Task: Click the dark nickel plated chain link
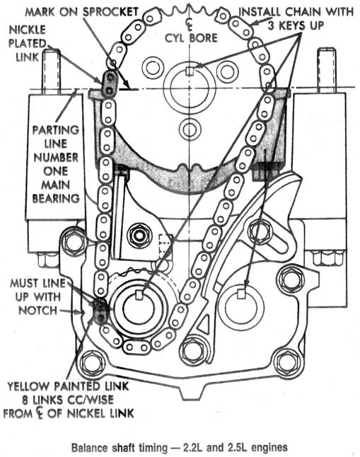pyautogui.click(x=109, y=83)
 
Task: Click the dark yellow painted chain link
pyautogui.click(x=100, y=311)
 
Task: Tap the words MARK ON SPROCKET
pyautogui.click(x=81, y=12)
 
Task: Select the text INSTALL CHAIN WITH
pyautogui.click(x=296, y=12)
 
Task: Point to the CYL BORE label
pyautogui.click(x=191, y=38)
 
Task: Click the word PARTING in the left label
pyautogui.click(x=56, y=130)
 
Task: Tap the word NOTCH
pyautogui.click(x=38, y=310)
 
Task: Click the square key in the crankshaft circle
pyautogui.click(x=190, y=71)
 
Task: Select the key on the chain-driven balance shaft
pyautogui.click(x=139, y=295)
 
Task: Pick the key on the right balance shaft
pyautogui.click(x=240, y=294)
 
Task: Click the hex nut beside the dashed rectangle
pyautogui.click(x=139, y=235)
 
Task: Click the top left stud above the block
pyautogui.click(x=52, y=71)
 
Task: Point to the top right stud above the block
pyautogui.click(x=327, y=71)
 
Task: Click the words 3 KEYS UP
pyautogui.click(x=296, y=25)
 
